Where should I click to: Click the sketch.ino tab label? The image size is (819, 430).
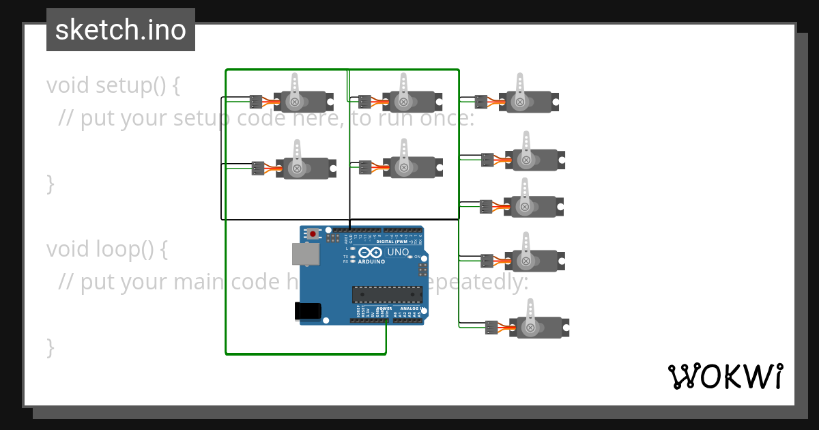click(x=120, y=30)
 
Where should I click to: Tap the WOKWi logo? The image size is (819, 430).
click(x=725, y=376)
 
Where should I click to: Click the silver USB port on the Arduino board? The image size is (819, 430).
click(x=304, y=254)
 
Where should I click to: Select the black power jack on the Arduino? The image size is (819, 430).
click(x=307, y=311)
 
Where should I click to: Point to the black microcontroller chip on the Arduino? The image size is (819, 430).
click(x=387, y=294)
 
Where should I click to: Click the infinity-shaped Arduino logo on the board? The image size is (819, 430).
click(x=369, y=253)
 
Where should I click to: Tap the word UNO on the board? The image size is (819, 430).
click(x=398, y=253)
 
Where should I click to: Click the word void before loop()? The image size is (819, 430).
click(x=68, y=249)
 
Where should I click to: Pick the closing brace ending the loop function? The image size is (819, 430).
click(x=50, y=347)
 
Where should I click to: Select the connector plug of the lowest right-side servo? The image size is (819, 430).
click(x=491, y=328)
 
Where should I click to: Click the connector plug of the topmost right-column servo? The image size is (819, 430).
click(x=481, y=102)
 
